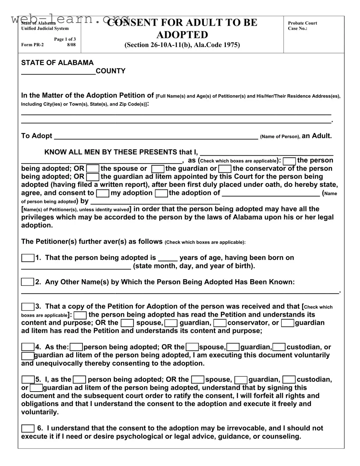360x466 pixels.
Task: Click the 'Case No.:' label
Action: pyautogui.click(x=297, y=28)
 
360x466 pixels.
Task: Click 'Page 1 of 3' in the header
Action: pyautogui.click(x=65, y=39)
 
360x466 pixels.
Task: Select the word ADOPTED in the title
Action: pyautogui.click(x=182, y=35)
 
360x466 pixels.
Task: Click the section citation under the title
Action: pyautogui.click(x=182, y=45)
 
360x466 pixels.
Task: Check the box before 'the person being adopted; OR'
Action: pyautogui.click(x=289, y=161)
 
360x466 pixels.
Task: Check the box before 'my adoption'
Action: pyautogui.click(x=103, y=193)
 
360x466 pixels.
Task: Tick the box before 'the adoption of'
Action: pyautogui.click(x=161, y=193)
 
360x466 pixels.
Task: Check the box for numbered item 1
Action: pyautogui.click(x=28, y=258)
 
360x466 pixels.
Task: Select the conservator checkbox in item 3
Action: pyautogui.click(x=220, y=323)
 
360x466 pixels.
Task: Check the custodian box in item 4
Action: pyautogui.click(x=279, y=347)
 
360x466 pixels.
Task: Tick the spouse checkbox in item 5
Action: pyautogui.click(x=198, y=380)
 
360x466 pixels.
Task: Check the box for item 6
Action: pyautogui.click(x=28, y=428)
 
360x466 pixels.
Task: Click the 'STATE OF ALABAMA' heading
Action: pyautogui.click(x=57, y=63)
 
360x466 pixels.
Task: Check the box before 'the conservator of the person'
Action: pyautogui.click(x=225, y=169)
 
